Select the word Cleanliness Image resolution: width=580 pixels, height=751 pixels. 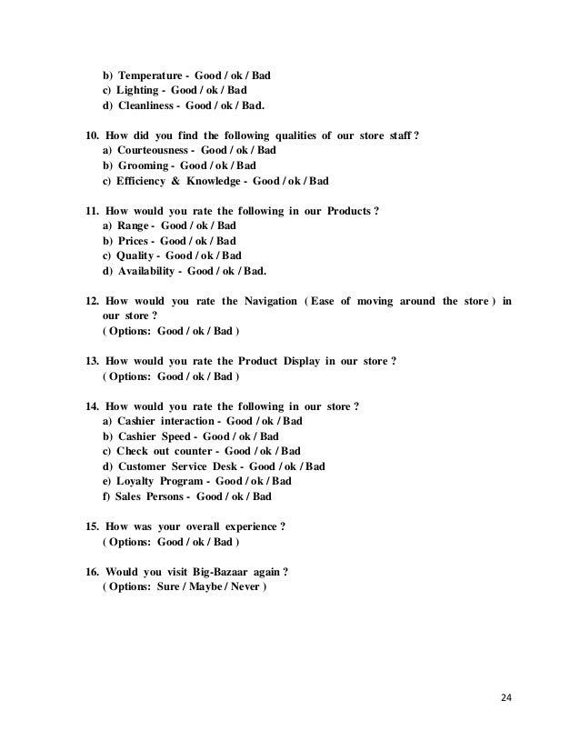pos(146,105)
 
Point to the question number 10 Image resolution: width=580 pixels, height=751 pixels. pos(91,135)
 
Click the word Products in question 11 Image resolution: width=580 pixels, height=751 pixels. pos(349,211)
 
